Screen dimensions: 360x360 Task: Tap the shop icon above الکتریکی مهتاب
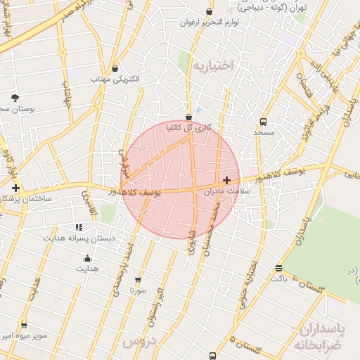[x=115, y=68]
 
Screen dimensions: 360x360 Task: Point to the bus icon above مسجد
[x=263, y=121]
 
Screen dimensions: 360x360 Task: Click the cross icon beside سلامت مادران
[x=226, y=181]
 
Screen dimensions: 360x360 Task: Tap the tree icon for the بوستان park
[x=15, y=97]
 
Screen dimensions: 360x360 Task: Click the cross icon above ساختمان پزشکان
[x=15, y=188]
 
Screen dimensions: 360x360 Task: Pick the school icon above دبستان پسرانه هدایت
[x=79, y=227]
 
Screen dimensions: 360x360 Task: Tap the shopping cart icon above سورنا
[x=138, y=279]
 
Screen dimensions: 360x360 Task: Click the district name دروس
[x=138, y=341]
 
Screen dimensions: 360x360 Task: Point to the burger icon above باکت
[x=279, y=268]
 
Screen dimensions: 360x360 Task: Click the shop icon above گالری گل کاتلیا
[x=188, y=117]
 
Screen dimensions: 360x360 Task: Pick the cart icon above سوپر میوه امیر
[x=24, y=325]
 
